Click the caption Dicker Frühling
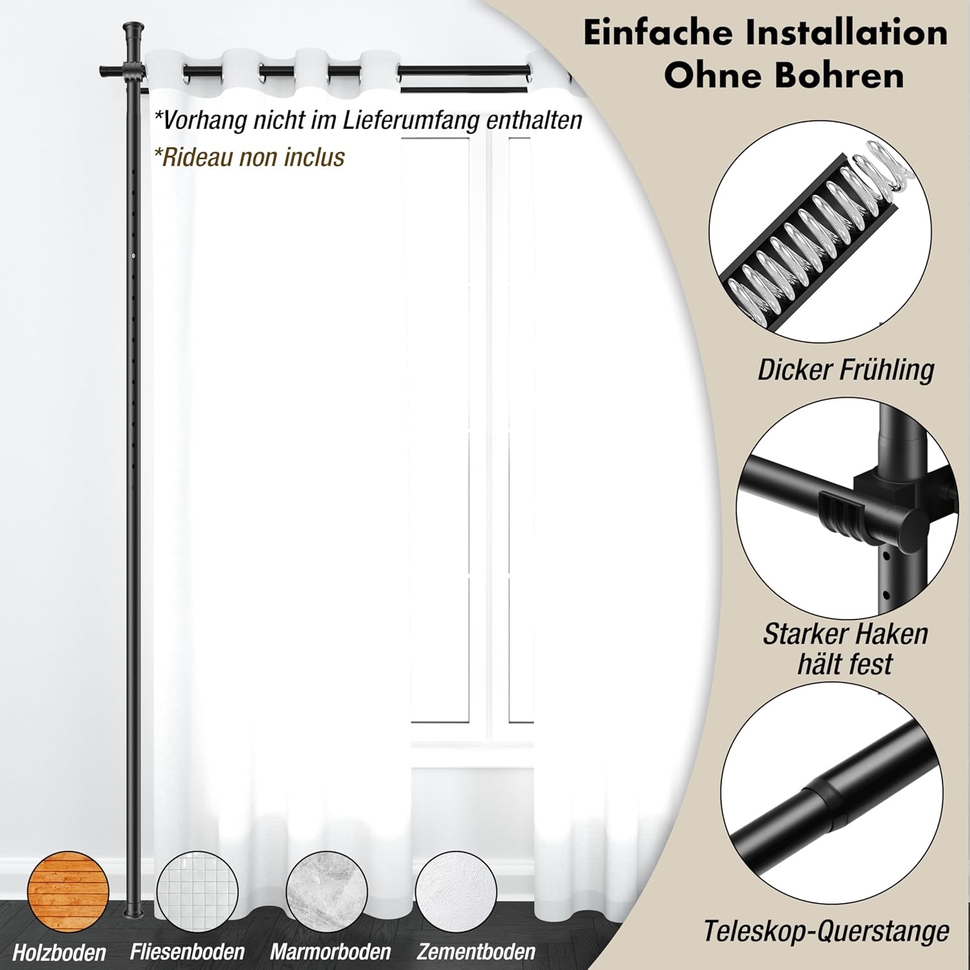[x=845, y=371]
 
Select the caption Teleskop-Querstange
[x=826, y=932]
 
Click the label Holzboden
[x=59, y=953]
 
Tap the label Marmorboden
[x=330, y=952]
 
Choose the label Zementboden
[x=476, y=952]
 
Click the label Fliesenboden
[x=187, y=952]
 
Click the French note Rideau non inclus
[x=249, y=157]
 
